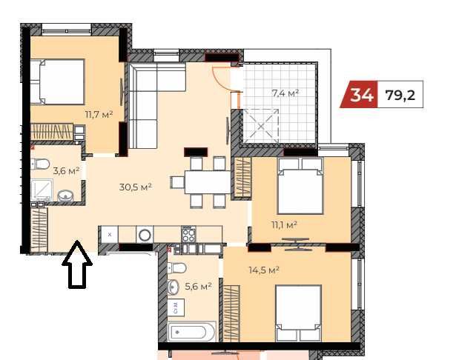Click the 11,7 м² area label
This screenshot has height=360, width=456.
point(99,115)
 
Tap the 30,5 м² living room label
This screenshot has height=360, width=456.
point(136,187)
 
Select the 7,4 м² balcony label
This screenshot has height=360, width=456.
point(285,93)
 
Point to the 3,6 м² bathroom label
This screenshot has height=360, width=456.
point(66,171)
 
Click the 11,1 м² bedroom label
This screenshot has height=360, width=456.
point(284,225)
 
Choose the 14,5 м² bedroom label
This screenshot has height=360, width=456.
point(264,270)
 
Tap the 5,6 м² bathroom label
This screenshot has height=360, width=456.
point(198,287)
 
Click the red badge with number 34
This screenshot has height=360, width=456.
point(360,94)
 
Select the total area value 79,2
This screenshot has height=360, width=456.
point(400,95)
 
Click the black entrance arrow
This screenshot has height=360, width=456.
point(77,264)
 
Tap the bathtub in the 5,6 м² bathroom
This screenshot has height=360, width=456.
point(192,332)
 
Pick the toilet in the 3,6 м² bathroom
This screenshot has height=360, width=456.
point(40,164)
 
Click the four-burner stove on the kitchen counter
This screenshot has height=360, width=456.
point(189,234)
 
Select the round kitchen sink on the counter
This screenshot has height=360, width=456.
point(145,235)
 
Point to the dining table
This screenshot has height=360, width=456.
point(208,182)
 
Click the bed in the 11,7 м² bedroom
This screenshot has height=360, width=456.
point(57,81)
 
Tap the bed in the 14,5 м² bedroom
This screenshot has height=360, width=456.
point(298,313)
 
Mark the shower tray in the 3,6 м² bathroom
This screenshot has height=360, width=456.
point(42,190)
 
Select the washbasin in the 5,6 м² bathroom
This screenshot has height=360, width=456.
point(173,287)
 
